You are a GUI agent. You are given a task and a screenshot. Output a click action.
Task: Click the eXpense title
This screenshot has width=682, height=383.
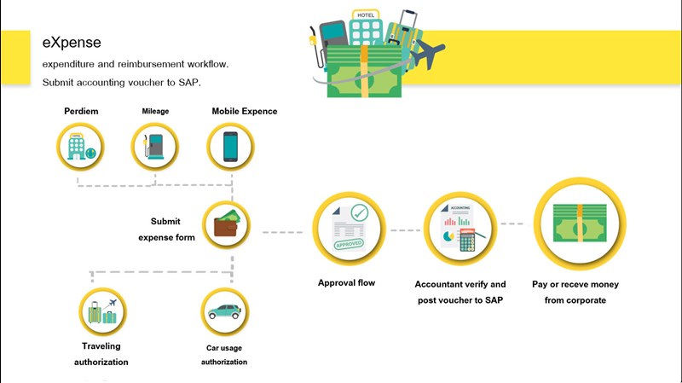(x=72, y=42)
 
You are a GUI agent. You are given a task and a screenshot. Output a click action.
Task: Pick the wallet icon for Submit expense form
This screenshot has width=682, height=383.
(x=227, y=223)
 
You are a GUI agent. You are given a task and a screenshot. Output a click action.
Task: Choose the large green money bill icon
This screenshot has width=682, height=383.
(x=579, y=223)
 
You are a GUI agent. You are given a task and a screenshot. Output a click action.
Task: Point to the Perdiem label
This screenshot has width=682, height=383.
(x=80, y=111)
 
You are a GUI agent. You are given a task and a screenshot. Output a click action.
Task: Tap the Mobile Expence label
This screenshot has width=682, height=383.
(x=245, y=111)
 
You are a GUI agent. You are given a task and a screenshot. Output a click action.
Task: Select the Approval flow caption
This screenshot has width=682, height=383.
(x=346, y=282)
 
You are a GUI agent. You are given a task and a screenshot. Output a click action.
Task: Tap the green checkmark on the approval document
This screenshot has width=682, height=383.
(x=359, y=212)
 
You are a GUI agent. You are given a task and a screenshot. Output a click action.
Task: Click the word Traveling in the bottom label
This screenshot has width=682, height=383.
(x=101, y=346)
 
